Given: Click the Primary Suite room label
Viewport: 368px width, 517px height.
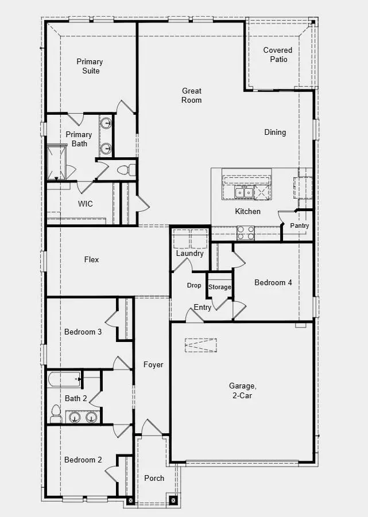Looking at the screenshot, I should coord(90,66).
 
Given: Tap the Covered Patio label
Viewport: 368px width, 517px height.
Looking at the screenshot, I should coord(278,55).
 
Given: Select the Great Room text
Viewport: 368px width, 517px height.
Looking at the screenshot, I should coord(192,95).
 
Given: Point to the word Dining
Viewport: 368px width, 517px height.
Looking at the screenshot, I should coord(275,132).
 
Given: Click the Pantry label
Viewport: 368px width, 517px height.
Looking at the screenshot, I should coord(299,226).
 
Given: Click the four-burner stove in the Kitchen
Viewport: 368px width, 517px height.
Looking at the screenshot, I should coord(246,232).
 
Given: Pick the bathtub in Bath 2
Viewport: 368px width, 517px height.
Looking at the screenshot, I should coord(65,379).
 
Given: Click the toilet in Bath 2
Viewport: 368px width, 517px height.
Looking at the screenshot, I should coord(56,412).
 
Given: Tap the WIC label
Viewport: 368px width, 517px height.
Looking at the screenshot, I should coord(86,204).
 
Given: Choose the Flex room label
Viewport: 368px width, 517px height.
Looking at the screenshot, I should coord(91,259).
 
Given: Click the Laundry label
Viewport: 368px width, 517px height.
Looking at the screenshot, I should coord(189,253).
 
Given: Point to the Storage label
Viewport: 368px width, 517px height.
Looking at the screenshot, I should coord(219,287).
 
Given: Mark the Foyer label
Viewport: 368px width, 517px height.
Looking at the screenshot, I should coord(153,364).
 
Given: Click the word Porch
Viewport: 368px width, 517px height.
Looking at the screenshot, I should coord(154,478).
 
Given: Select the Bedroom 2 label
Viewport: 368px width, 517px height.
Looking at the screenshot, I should coord(83,460).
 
